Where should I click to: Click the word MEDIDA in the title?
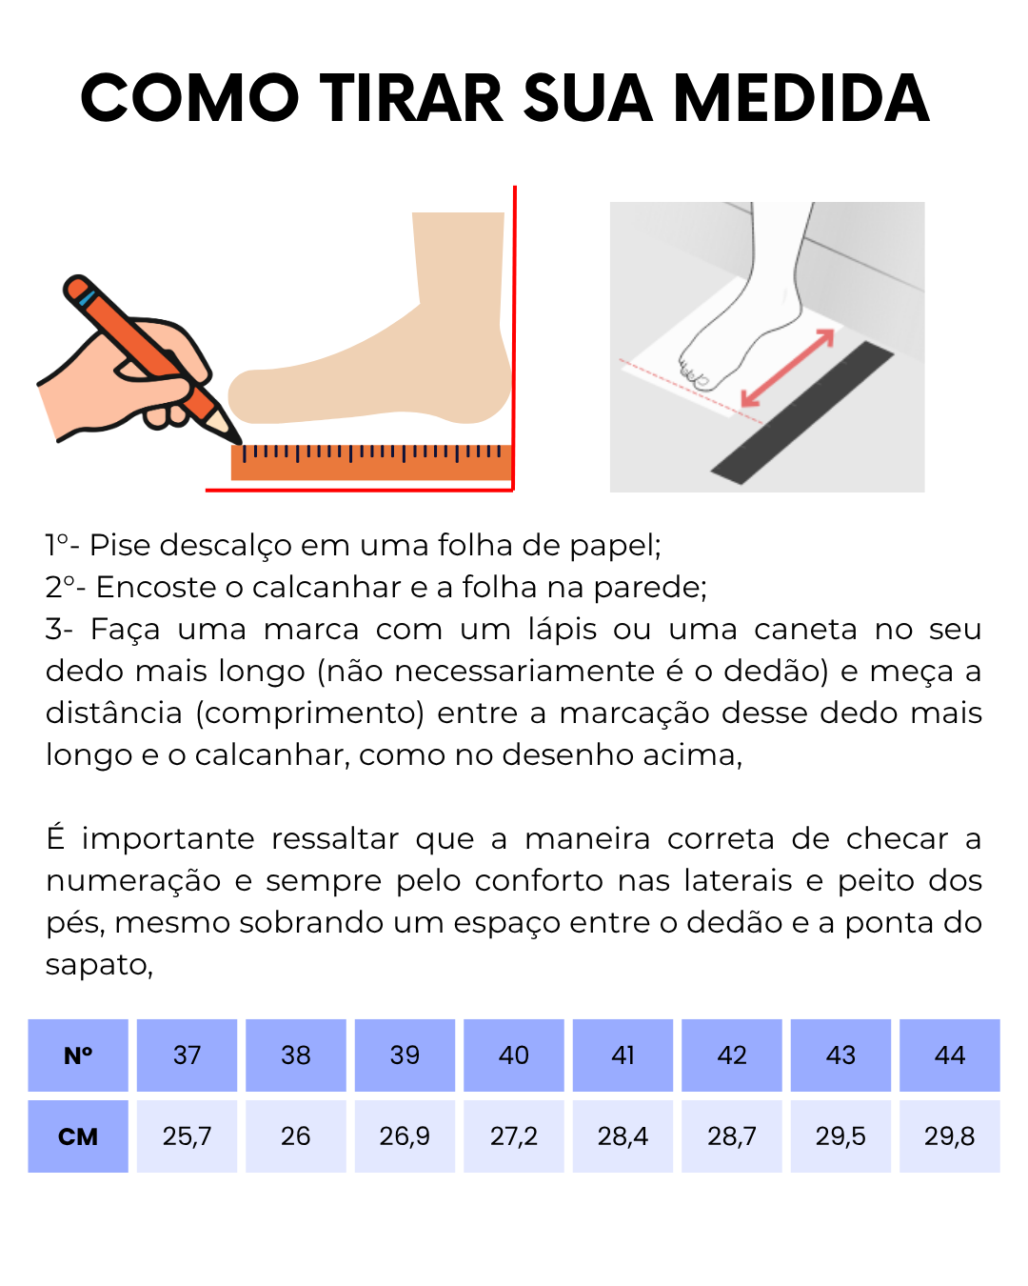pyautogui.click(x=801, y=98)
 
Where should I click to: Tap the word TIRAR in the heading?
pyautogui.click(x=411, y=98)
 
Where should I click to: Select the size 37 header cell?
pyautogui.click(x=187, y=1055)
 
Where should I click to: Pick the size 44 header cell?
pyautogui.click(x=950, y=1055)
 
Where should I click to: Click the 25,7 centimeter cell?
pyautogui.click(x=187, y=1136)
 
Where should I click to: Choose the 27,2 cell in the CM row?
pyautogui.click(x=514, y=1136)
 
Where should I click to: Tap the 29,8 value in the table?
pyautogui.click(x=950, y=1136)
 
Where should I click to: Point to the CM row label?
pyautogui.click(x=78, y=1136)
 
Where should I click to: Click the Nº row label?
pyautogui.click(x=78, y=1055)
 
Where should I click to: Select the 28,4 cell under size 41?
pyautogui.click(x=623, y=1136)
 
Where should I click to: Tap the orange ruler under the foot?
pyautogui.click(x=371, y=463)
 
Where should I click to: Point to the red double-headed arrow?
pyautogui.click(x=787, y=368)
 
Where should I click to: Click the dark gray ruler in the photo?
pyautogui.click(x=802, y=412)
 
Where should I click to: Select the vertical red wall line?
pyautogui.click(x=514, y=338)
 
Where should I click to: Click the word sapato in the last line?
pyautogui.click(x=99, y=965)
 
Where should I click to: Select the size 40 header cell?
pyautogui.click(x=514, y=1055)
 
